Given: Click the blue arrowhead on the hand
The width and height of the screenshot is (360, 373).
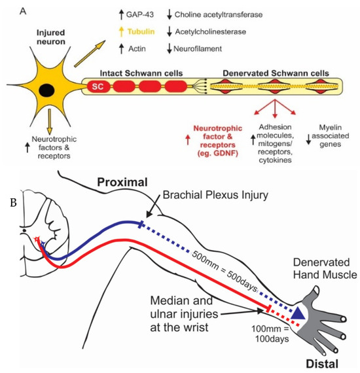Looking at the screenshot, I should [298, 315].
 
